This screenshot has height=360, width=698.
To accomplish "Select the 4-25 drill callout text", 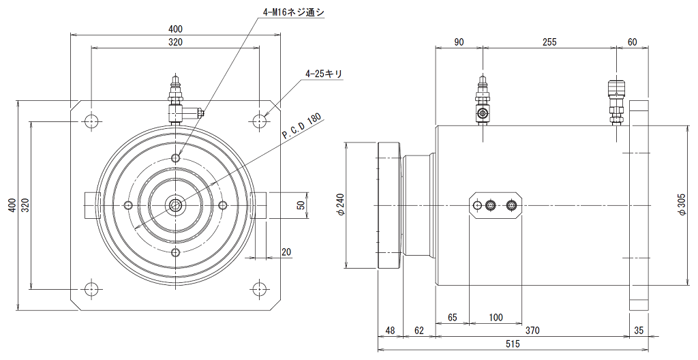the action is tap(324, 74).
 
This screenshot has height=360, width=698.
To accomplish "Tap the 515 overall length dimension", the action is tap(513, 344).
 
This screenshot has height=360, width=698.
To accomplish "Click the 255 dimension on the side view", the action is tap(549, 42).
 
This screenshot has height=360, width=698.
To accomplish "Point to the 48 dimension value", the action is tap(390, 331).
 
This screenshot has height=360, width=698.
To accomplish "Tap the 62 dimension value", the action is tap(419, 331).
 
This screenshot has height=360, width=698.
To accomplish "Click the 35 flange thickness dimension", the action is tap(638, 331).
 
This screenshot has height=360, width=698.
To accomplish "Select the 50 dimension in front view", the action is tap(301, 205).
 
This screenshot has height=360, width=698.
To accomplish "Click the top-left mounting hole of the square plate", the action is tap(91, 120).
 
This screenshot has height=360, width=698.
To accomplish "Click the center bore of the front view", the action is tap(177, 205).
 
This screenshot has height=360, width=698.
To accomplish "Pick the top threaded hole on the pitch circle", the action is tap(177, 157).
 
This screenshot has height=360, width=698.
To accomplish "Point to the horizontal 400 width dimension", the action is tap(175, 29).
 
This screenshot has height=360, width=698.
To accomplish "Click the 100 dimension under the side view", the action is tap(496, 318).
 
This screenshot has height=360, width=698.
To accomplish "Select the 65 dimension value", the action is tap(453, 318).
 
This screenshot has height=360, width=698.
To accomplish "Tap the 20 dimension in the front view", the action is tap(286, 252).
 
